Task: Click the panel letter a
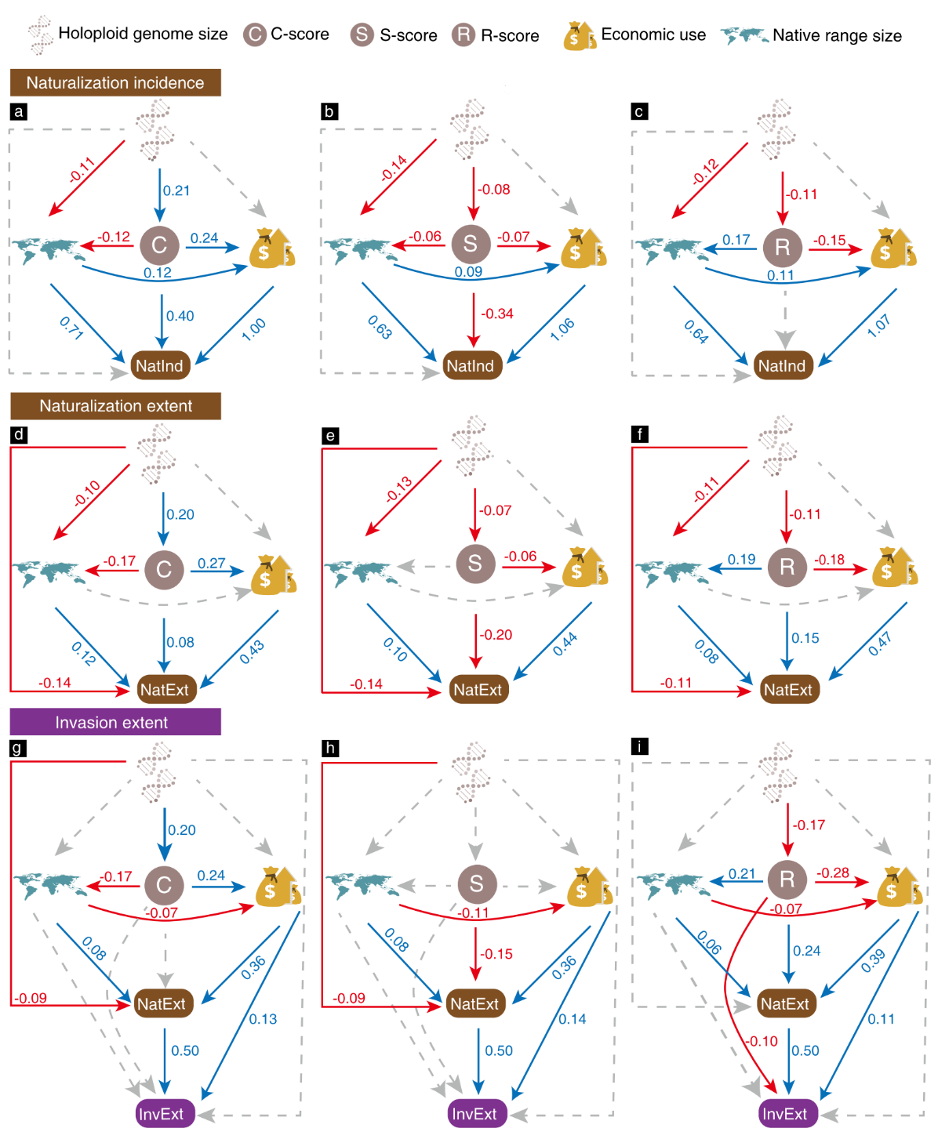tap(18, 111)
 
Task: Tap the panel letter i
tap(640, 746)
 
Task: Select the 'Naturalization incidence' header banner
tap(115, 82)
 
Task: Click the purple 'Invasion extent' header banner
tap(115, 722)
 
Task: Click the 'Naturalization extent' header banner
tap(115, 406)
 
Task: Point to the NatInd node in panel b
tap(471, 365)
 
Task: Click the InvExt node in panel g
tap(162, 1114)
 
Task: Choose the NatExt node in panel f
tap(788, 690)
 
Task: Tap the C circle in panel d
tap(163, 569)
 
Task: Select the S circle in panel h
tap(476, 884)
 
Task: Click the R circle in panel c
tap(783, 246)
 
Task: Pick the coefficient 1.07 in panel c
tap(878, 326)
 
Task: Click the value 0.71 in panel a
tap(71, 328)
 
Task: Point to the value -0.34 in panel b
tap(497, 314)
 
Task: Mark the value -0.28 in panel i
tap(833, 872)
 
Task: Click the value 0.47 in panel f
tap(880, 645)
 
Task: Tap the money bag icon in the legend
tap(579, 36)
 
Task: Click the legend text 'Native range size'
tap(837, 35)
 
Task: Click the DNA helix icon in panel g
tap(155, 773)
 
